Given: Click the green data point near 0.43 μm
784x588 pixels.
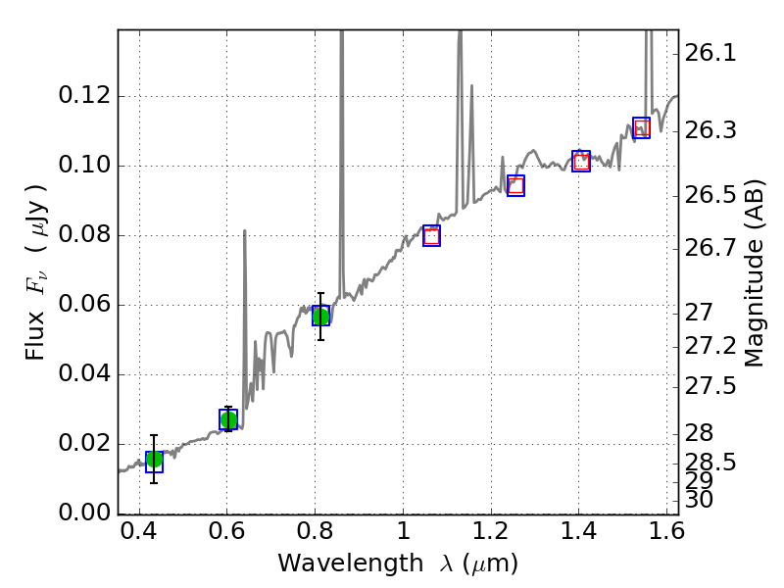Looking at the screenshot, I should click(154, 460).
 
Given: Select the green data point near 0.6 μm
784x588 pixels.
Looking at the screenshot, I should click(228, 419).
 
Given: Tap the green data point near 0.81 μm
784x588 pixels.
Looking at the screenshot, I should click(320, 316).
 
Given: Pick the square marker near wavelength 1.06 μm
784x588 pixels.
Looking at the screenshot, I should click(431, 235).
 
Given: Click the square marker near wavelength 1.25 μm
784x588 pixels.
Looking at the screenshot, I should click(515, 185).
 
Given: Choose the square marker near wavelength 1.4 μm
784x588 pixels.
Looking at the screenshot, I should click(581, 162).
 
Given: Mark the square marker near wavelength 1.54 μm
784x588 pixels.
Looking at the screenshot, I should click(642, 127).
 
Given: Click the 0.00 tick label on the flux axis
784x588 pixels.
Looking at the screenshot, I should click(85, 514).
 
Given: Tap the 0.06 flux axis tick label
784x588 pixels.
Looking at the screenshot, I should click(85, 305).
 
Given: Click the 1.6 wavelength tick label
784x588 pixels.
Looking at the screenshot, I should click(666, 536).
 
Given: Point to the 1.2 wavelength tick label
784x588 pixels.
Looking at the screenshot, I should click(490, 536).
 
